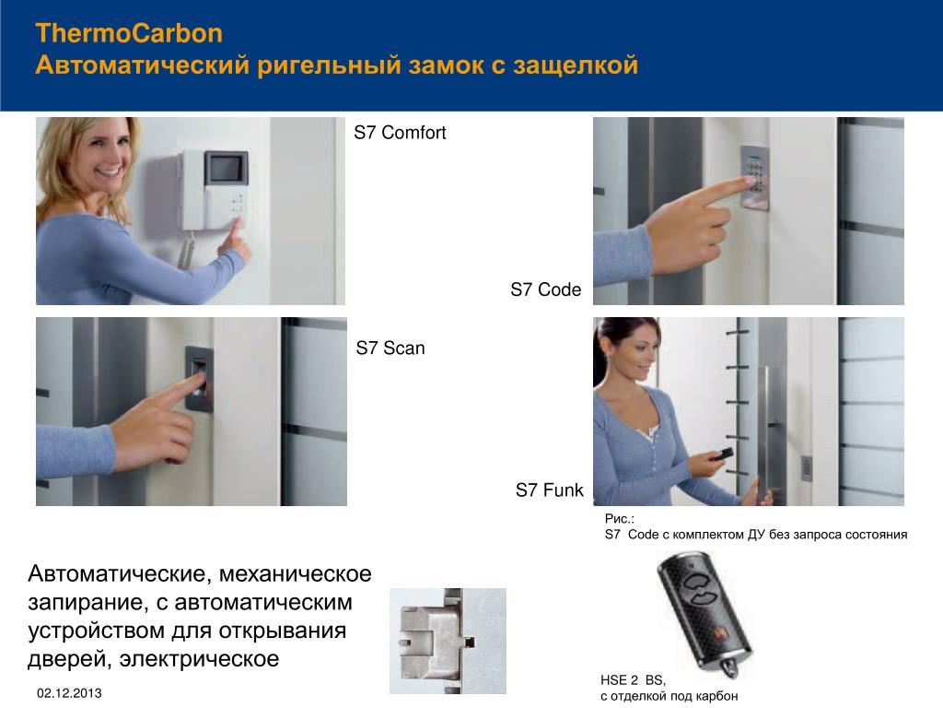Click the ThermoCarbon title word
(129, 33)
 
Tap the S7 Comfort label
(400, 133)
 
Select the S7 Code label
(545, 289)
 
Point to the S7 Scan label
(390, 348)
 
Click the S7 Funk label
(549, 490)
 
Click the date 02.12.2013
(69, 693)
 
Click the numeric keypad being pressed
(754, 176)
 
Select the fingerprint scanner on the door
(199, 378)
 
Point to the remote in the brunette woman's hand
(721, 454)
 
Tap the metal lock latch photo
(448, 641)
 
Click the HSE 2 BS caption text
(633, 680)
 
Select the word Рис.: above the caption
(620, 518)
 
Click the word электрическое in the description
(199, 658)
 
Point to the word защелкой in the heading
(576, 65)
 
